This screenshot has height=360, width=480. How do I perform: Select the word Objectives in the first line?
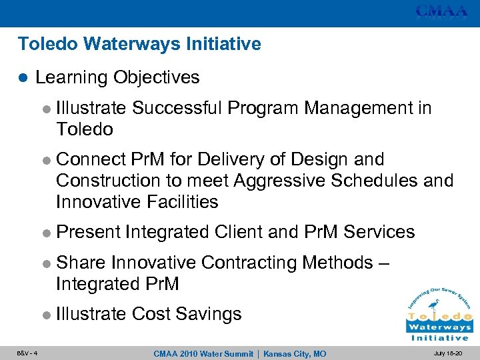[156, 77]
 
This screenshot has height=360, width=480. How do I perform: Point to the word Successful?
[175, 108]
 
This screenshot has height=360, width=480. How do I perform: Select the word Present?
[89, 232]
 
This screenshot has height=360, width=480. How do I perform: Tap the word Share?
[81, 263]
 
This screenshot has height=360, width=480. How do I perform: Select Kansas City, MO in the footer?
[294, 353]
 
